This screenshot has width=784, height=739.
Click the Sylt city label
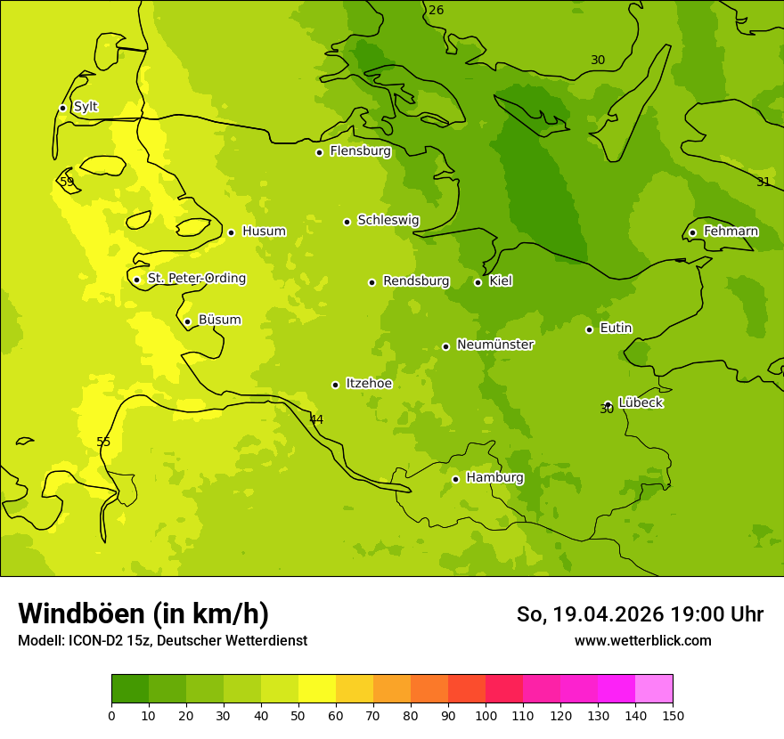tap(86, 107)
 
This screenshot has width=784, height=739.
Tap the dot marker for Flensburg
tap(319, 152)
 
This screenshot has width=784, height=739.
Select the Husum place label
tap(264, 231)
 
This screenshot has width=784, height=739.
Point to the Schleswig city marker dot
tap(347, 222)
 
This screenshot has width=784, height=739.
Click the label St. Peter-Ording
tap(196, 279)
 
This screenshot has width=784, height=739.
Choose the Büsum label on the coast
tap(219, 321)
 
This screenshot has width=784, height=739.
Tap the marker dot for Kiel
tap(478, 282)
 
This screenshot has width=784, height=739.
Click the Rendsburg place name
tap(416, 281)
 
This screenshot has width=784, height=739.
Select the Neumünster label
tap(494, 345)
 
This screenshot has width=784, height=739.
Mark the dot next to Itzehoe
tap(335, 385)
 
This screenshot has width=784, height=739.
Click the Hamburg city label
tap(494, 478)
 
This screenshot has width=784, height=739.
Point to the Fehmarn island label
tap(731, 231)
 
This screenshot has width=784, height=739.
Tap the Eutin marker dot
tap(589, 329)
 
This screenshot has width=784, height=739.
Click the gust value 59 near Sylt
tap(67, 182)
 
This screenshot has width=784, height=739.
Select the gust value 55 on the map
tap(103, 443)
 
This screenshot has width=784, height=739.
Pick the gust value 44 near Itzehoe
tap(316, 419)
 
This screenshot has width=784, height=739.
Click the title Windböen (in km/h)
tap(143, 613)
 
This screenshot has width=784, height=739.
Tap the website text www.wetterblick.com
tap(642, 641)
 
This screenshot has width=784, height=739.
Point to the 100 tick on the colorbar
tap(486, 715)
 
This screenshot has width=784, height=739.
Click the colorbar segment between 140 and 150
tap(654, 689)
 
